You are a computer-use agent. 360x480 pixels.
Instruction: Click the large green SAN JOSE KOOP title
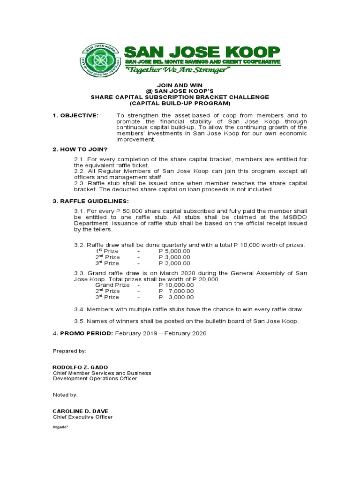tap(202, 51)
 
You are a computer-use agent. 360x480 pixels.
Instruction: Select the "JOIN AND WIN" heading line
tap(180, 84)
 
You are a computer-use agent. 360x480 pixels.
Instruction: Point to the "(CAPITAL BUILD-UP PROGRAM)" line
tap(180, 103)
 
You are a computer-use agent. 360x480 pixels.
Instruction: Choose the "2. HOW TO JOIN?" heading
tap(80, 149)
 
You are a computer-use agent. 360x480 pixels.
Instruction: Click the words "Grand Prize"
tap(112, 285)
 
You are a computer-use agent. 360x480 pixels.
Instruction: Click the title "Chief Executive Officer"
tap(82, 417)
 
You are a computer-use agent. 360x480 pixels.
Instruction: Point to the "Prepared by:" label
tap(69, 351)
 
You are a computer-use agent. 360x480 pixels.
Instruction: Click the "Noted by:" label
tap(65, 395)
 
